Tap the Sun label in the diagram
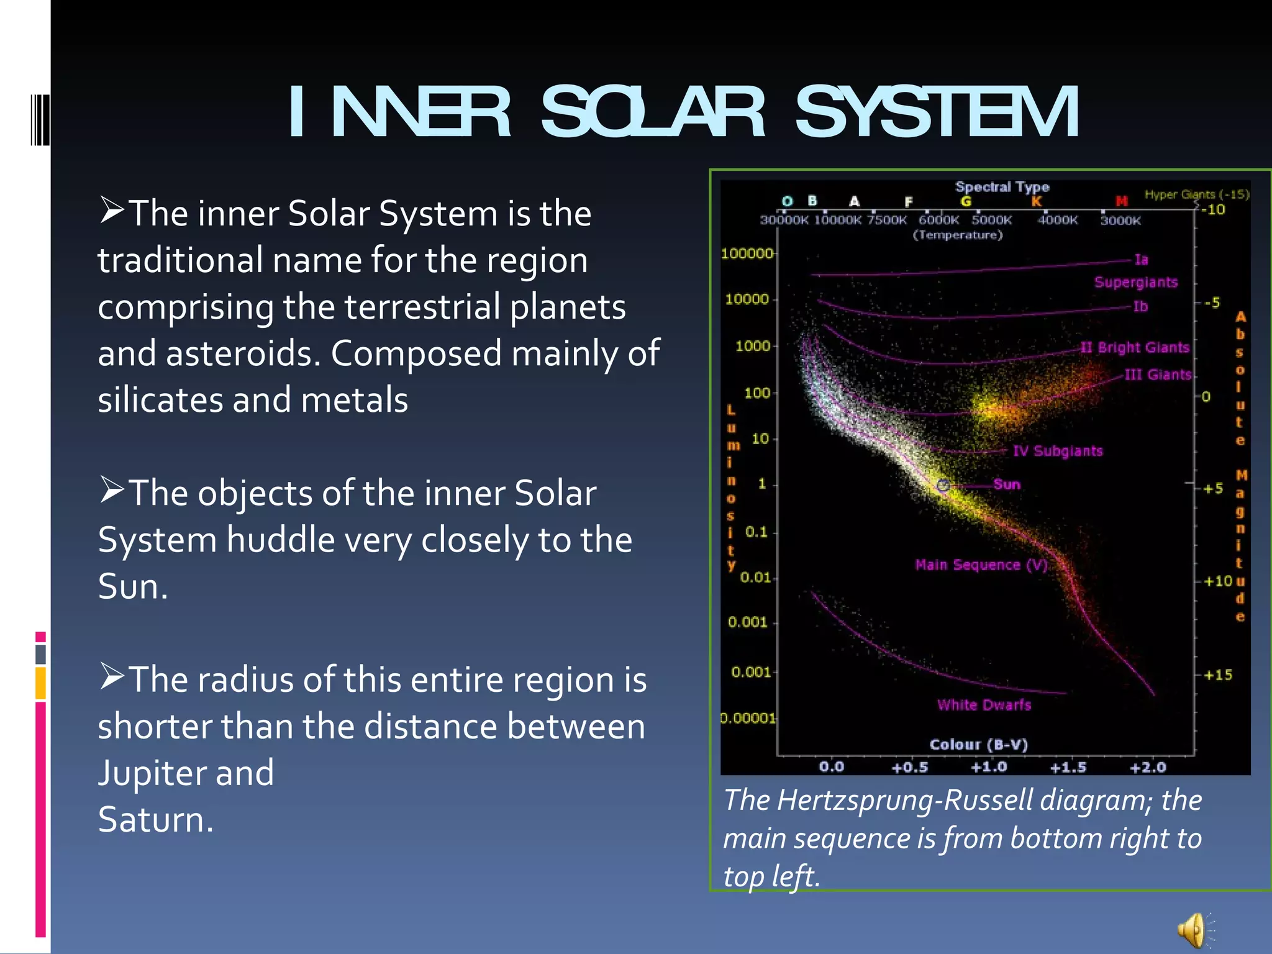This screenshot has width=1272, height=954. [1006, 484]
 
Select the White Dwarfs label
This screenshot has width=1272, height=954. [984, 705]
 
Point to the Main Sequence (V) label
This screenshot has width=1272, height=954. [981, 565]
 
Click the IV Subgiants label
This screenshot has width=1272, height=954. [1057, 451]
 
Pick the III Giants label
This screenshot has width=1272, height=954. [1158, 375]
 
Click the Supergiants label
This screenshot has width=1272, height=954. [1135, 283]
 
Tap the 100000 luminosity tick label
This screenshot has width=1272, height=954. [747, 253]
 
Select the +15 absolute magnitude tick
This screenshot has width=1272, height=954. [1217, 675]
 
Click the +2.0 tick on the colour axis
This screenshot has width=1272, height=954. [1148, 767]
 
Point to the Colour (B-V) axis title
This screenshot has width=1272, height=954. [978, 744]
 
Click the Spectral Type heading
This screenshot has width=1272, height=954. [1002, 187]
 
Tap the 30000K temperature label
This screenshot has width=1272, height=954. [784, 220]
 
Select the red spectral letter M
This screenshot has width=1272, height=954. [1121, 201]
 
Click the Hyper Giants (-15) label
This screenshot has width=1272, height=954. [1196, 194]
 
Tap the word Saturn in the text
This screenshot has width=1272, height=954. [155, 820]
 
